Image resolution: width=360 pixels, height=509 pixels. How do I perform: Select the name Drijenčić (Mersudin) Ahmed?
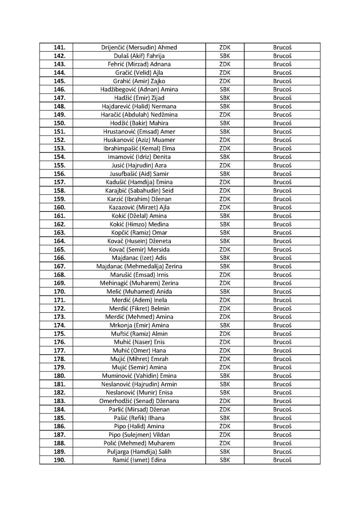click(139, 47)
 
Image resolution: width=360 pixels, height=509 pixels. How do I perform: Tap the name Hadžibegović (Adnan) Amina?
click(139, 89)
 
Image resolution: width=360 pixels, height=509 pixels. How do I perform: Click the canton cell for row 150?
click(225, 123)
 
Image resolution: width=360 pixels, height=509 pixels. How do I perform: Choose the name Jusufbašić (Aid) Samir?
click(139, 174)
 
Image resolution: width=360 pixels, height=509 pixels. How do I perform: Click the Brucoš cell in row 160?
click(282, 207)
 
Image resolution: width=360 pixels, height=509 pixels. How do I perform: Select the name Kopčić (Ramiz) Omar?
click(139, 232)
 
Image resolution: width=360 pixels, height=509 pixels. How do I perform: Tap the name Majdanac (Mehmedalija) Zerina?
click(139, 266)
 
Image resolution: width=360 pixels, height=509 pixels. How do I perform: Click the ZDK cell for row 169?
click(225, 283)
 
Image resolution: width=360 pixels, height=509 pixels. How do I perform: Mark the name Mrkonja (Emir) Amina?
click(139, 325)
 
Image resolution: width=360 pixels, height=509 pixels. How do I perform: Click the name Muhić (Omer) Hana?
click(139, 350)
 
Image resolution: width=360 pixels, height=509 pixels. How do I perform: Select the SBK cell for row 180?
click(225, 375)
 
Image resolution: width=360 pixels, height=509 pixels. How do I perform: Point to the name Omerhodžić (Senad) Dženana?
click(139, 401)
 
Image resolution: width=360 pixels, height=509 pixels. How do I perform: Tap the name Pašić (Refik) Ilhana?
click(139, 417)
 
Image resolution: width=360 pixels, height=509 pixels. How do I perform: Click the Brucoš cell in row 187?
click(282, 435)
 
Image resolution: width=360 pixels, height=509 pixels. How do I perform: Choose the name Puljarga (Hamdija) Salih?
click(139, 451)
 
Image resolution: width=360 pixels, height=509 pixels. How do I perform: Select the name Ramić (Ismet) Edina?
click(139, 460)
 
